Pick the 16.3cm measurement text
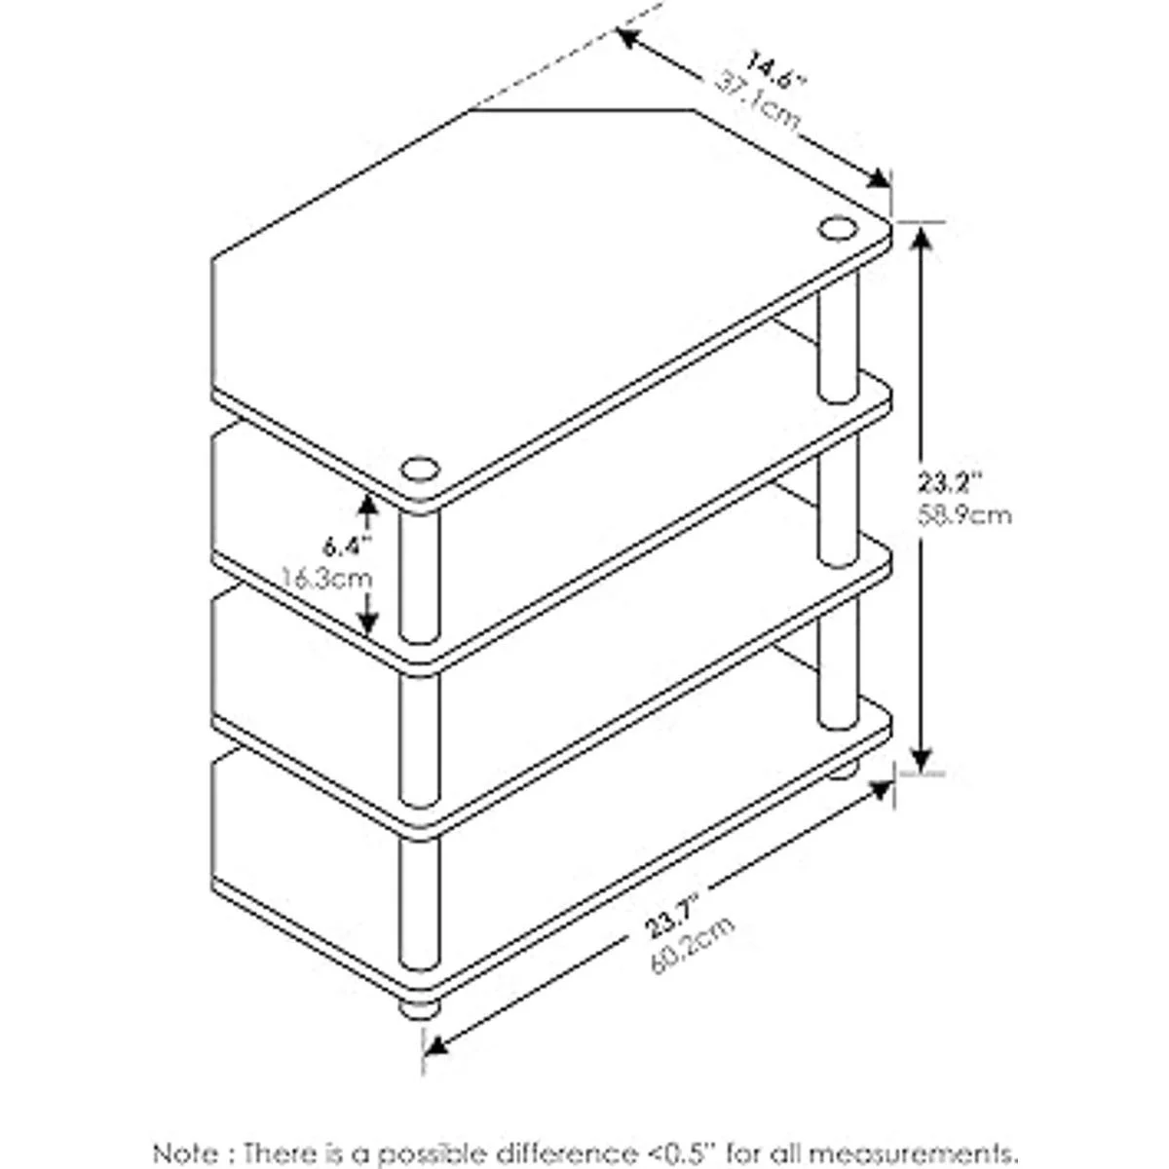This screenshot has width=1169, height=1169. pyautogui.click(x=327, y=580)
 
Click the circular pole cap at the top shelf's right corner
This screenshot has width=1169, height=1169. pyautogui.click(x=838, y=229)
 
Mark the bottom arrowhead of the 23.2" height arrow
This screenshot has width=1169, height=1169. pyautogui.click(x=922, y=754)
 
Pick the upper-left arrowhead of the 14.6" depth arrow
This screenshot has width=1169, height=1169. pyautogui.click(x=631, y=38)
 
